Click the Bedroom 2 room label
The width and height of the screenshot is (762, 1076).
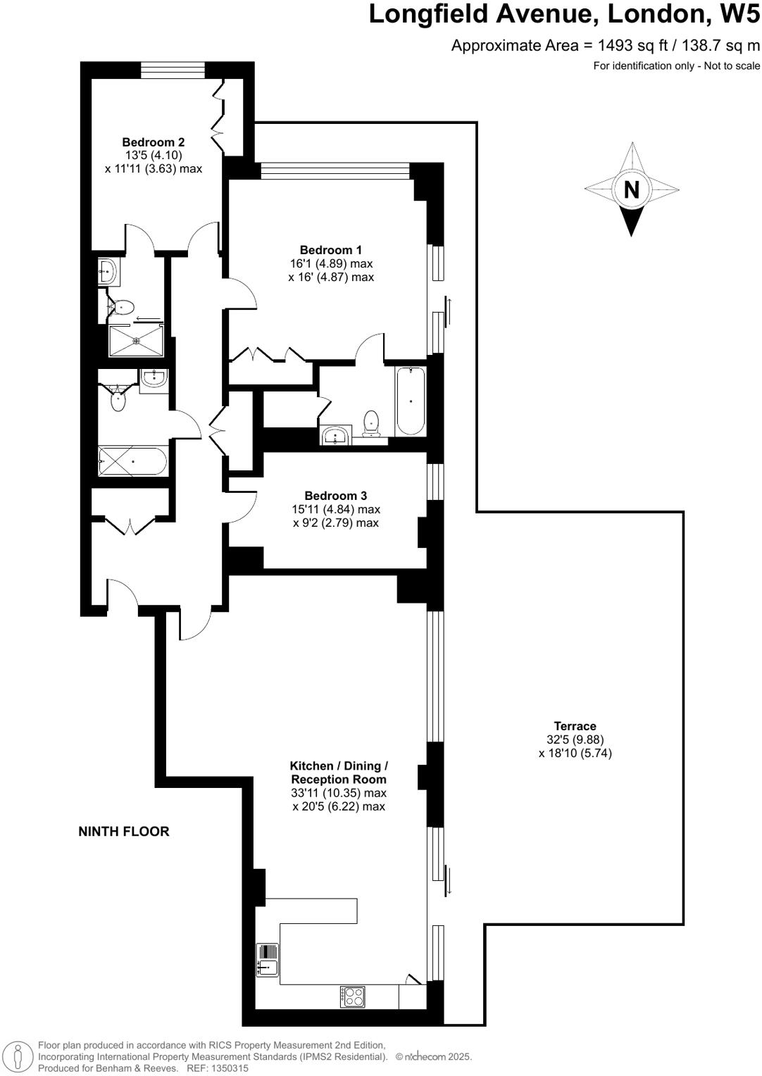(x=153, y=142)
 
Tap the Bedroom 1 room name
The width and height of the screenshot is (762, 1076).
(x=330, y=250)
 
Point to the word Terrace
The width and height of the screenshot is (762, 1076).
(x=575, y=726)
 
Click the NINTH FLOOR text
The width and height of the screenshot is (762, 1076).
(x=124, y=832)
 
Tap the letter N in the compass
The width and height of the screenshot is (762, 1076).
(x=632, y=190)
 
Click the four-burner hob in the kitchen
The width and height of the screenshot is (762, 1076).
(x=354, y=996)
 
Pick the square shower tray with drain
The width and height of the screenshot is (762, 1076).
(x=136, y=341)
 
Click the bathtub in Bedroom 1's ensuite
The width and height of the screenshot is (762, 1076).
(x=411, y=401)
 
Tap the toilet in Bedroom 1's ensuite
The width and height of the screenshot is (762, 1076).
(x=371, y=423)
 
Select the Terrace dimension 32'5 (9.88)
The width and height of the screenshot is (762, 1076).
(x=575, y=739)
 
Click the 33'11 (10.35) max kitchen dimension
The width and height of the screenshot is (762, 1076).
(x=338, y=793)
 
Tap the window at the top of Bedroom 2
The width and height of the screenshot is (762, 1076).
(x=173, y=70)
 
